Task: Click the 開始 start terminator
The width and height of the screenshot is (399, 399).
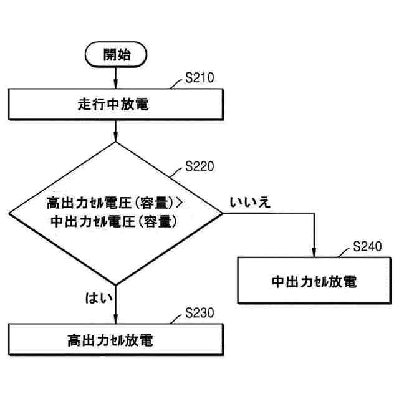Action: [117, 55]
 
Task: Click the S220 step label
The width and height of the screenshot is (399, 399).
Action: [199, 167]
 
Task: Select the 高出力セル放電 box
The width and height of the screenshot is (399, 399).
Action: [117, 340]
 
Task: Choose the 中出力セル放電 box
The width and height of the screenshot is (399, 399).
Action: [314, 281]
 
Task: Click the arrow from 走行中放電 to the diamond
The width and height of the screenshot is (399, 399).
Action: [117, 131]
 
